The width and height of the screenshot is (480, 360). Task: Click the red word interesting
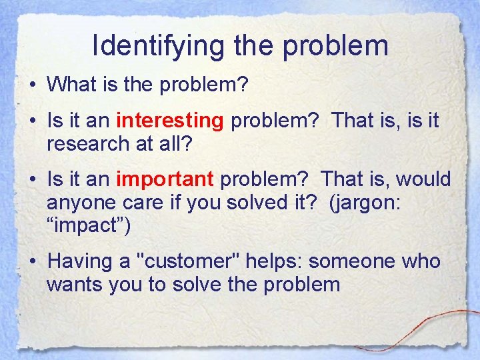tap(169, 121)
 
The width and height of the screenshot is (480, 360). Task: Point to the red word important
tap(165, 179)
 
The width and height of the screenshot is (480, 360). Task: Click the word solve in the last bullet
tap(190, 285)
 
